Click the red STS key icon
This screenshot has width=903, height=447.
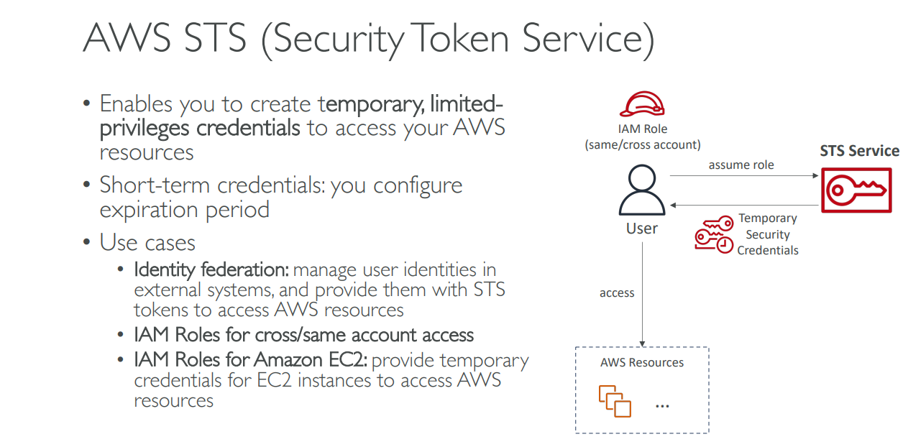click(855, 190)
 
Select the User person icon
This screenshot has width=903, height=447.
click(641, 191)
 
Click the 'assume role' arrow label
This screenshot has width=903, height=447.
click(741, 165)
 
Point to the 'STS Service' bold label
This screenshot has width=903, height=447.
click(859, 151)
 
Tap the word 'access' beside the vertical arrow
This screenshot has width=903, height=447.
click(617, 292)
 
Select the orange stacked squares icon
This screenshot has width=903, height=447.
click(615, 401)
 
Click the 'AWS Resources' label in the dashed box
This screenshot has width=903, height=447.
click(642, 362)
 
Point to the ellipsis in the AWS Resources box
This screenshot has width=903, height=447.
click(662, 406)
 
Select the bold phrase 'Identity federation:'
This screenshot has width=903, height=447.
click(211, 270)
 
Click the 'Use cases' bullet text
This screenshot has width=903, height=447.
click(147, 242)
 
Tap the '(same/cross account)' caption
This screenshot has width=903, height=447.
click(642, 144)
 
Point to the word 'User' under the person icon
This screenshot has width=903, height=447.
click(641, 229)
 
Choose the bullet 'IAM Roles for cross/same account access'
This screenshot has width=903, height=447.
click(303, 335)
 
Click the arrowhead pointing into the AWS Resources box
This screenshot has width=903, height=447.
click(641, 344)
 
